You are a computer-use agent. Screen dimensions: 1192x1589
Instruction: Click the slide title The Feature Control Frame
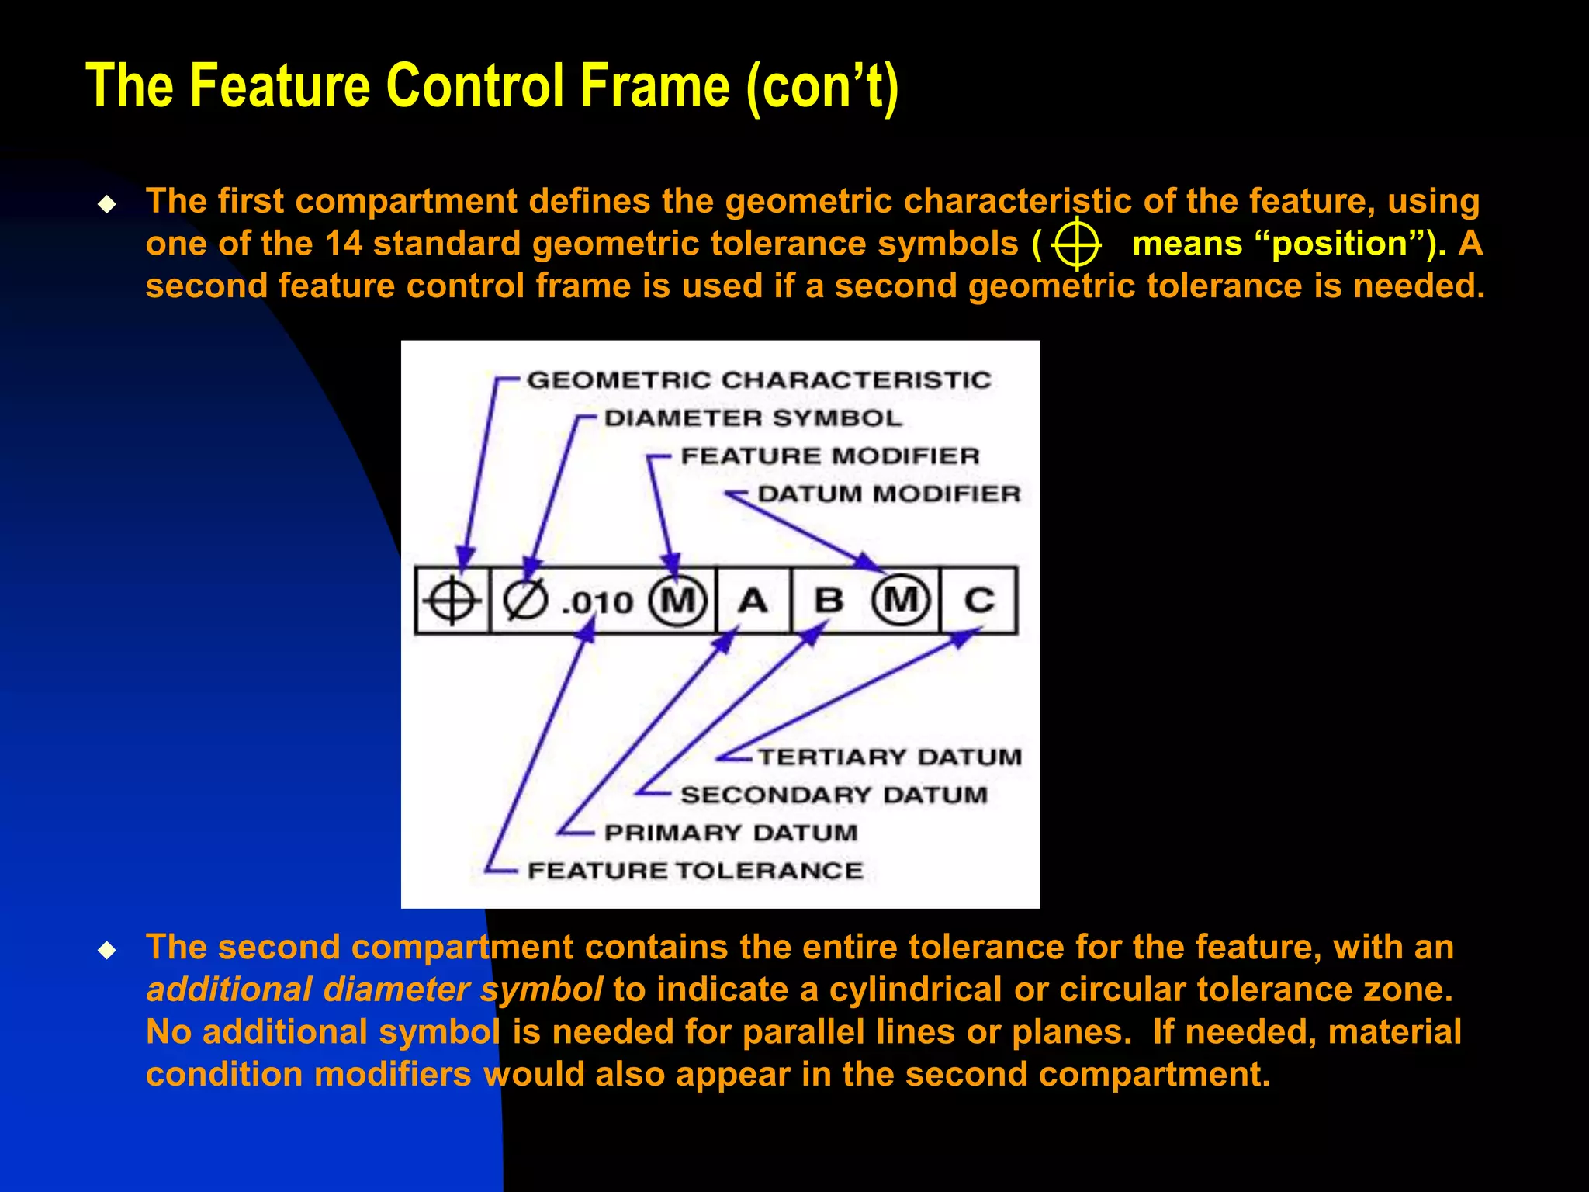[x=492, y=85]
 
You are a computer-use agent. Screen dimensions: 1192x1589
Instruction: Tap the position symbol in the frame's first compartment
[x=452, y=601]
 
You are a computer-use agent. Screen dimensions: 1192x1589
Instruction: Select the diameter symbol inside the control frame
[x=525, y=601]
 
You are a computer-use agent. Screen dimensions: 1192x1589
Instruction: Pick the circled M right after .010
[x=677, y=601]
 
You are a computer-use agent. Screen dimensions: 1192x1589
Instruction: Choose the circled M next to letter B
[x=901, y=600]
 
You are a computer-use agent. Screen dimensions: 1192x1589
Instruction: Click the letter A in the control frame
[x=753, y=601]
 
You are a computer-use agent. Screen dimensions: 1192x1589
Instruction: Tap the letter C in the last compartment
[x=978, y=601]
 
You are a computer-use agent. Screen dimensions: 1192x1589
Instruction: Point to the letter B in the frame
[x=829, y=601]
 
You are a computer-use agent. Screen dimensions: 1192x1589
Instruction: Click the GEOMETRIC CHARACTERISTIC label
[x=759, y=380]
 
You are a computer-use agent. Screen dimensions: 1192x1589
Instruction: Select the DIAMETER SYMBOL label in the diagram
[x=753, y=418]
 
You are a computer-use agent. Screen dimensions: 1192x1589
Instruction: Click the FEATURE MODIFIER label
[x=829, y=456]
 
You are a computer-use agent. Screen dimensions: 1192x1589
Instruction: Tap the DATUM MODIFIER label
[x=888, y=494]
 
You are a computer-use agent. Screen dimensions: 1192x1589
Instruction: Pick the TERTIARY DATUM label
[x=889, y=757]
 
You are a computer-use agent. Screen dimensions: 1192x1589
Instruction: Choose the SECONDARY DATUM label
[x=834, y=795]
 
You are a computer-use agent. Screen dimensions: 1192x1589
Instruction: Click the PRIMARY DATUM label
[x=731, y=833]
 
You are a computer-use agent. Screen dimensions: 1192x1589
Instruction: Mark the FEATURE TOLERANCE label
[x=694, y=871]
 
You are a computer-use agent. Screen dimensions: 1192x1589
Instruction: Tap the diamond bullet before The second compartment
[x=107, y=950]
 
